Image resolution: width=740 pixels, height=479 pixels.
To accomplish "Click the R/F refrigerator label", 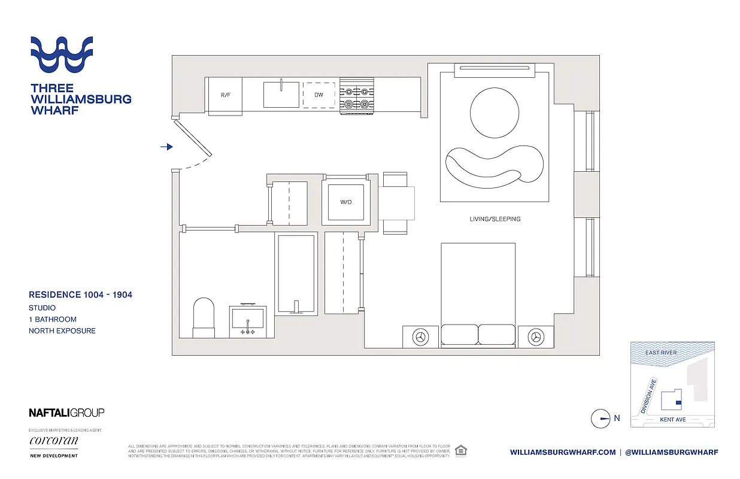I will tap(225, 95).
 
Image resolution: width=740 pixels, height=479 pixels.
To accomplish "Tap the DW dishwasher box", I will tap(319, 95).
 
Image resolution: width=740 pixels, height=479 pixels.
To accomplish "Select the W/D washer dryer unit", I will tap(345, 202).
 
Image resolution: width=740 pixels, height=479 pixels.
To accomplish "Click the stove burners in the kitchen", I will tap(357, 98).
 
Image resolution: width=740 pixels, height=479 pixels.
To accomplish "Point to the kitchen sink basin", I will tap(281, 95).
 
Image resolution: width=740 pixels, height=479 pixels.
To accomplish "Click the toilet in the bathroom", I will tap(204, 317).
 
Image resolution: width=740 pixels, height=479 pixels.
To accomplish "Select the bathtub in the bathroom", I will tap(295, 273).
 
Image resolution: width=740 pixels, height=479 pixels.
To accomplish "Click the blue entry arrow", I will tap(167, 147).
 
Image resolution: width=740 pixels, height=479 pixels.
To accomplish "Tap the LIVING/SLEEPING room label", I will tap(495, 219).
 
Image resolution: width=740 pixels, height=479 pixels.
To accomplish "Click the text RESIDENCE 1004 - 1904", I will tap(81, 295).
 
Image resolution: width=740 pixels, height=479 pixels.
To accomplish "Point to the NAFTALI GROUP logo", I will tap(66, 413).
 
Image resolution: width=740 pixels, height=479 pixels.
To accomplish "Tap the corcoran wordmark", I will tap(53, 441).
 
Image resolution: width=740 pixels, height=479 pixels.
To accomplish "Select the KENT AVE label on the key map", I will tap(672, 420).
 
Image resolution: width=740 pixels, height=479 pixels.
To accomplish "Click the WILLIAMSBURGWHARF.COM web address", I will tap(562, 452).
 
